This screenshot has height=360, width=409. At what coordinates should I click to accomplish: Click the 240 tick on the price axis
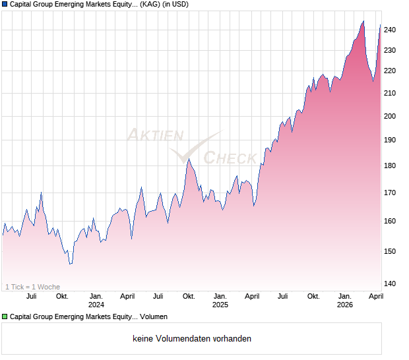click(x=390, y=30)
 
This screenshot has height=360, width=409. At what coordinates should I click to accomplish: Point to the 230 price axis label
click(x=390, y=51)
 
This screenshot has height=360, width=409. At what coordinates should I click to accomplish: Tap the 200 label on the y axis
click(x=390, y=117)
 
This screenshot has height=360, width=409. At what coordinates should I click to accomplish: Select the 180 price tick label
click(x=390, y=166)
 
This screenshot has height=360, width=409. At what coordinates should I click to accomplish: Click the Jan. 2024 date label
click(x=96, y=300)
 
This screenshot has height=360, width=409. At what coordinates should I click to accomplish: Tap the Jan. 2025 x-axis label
click(x=220, y=300)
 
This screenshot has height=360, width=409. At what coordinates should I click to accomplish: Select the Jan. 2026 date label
click(x=345, y=300)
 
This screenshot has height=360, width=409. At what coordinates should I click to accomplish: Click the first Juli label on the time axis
click(x=30, y=296)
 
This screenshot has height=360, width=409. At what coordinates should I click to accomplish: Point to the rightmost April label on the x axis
click(x=375, y=296)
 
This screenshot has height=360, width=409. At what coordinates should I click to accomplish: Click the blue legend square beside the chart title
click(x=5, y=4)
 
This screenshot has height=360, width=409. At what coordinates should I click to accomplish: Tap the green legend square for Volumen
click(x=5, y=317)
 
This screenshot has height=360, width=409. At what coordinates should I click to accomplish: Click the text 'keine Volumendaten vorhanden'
click(x=192, y=339)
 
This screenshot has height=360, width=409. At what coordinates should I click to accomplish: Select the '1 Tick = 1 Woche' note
click(x=32, y=287)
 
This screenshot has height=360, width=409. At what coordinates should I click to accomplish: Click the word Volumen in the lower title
click(x=152, y=317)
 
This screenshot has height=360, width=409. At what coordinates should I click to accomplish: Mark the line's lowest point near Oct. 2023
click(x=71, y=264)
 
